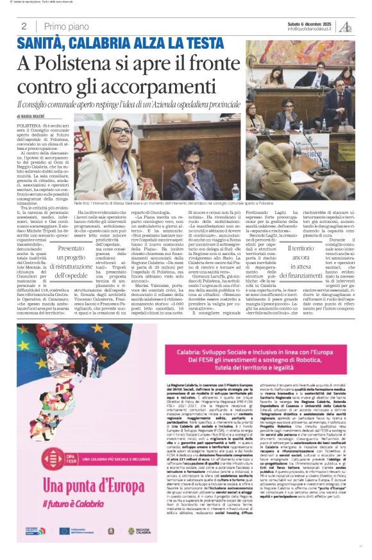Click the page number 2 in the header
(x=23, y=26)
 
